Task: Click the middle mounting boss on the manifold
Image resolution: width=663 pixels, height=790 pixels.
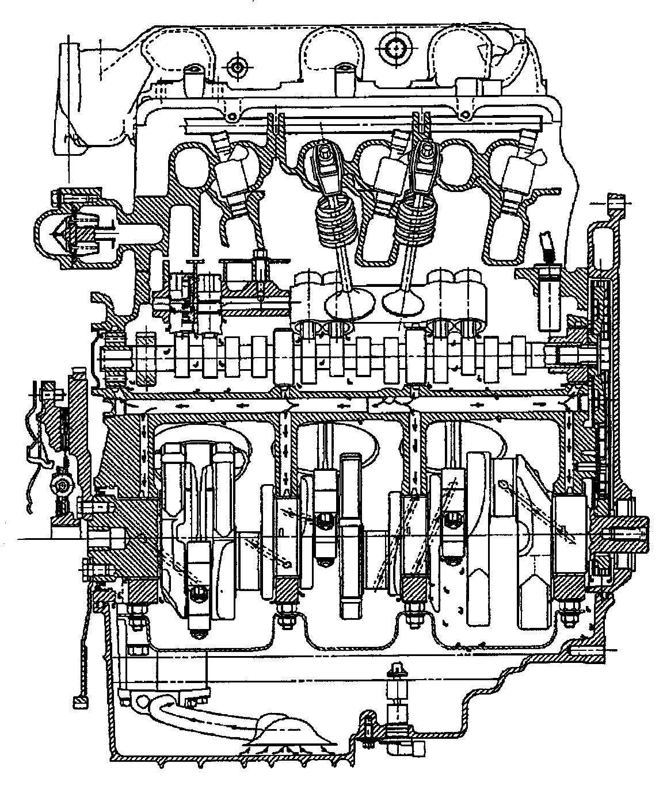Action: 342,76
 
